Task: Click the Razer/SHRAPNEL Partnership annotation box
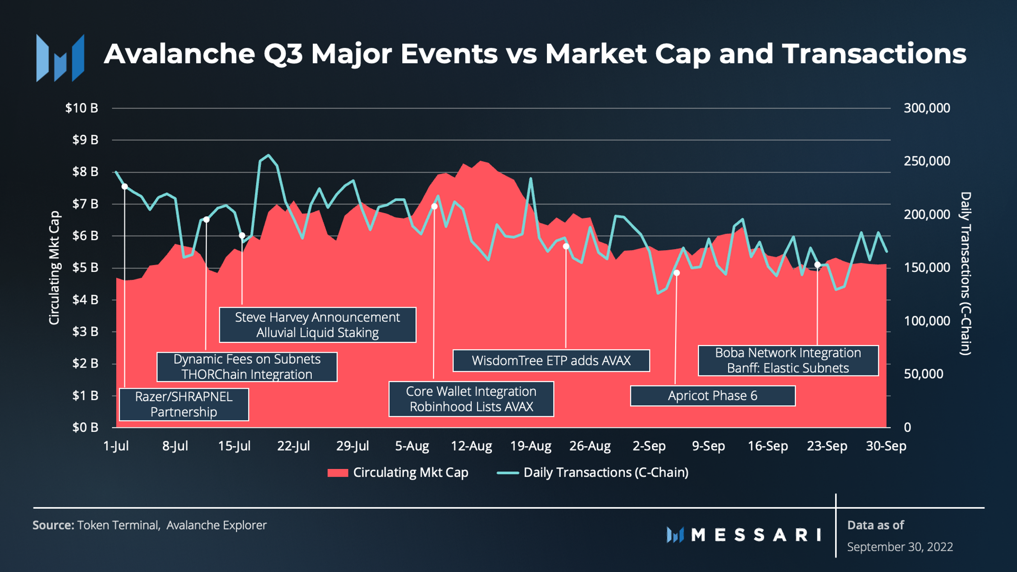click(184, 404)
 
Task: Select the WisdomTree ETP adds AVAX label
click(551, 361)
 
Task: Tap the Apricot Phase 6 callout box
click(712, 396)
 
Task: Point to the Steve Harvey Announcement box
click(317, 325)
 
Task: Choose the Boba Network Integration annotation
click(788, 361)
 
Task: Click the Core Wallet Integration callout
click(471, 399)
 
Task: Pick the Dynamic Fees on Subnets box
click(247, 367)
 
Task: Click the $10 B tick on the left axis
click(82, 108)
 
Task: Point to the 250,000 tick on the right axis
click(927, 161)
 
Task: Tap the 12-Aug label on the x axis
click(471, 446)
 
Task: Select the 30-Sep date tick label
click(886, 446)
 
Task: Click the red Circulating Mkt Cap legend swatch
click(338, 473)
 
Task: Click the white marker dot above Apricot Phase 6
click(677, 273)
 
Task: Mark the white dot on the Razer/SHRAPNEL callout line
click(125, 187)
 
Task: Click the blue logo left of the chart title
click(60, 58)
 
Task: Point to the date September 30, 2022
click(900, 547)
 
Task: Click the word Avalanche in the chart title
click(179, 54)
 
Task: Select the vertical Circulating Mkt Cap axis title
click(55, 268)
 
